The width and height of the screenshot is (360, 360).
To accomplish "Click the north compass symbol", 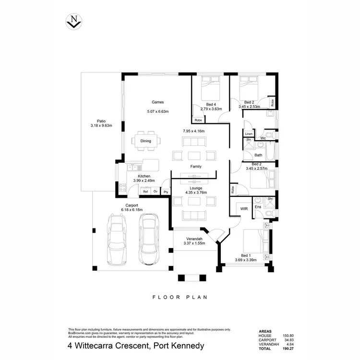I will [73, 21].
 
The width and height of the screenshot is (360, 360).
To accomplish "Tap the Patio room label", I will [101, 121].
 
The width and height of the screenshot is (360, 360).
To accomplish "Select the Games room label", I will [158, 102].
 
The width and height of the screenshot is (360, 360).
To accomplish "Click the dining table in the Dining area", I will [146, 141].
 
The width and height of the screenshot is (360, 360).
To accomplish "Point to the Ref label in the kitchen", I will [145, 192].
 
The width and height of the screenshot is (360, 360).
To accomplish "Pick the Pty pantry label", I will [166, 192].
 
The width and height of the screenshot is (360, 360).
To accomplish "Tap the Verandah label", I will [194, 239].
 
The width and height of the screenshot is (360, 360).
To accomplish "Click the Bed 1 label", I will [245, 255].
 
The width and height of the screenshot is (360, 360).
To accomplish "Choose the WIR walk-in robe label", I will [244, 209].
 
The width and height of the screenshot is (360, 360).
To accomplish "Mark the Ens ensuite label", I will [258, 207].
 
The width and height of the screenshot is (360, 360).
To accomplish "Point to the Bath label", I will [258, 155].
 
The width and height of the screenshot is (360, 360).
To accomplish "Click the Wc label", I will [263, 138].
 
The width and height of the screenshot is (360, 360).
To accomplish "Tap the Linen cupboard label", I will [249, 134].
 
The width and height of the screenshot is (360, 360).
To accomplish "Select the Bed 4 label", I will [211, 104].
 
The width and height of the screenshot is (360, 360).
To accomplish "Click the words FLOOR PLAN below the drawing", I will [180, 297].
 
